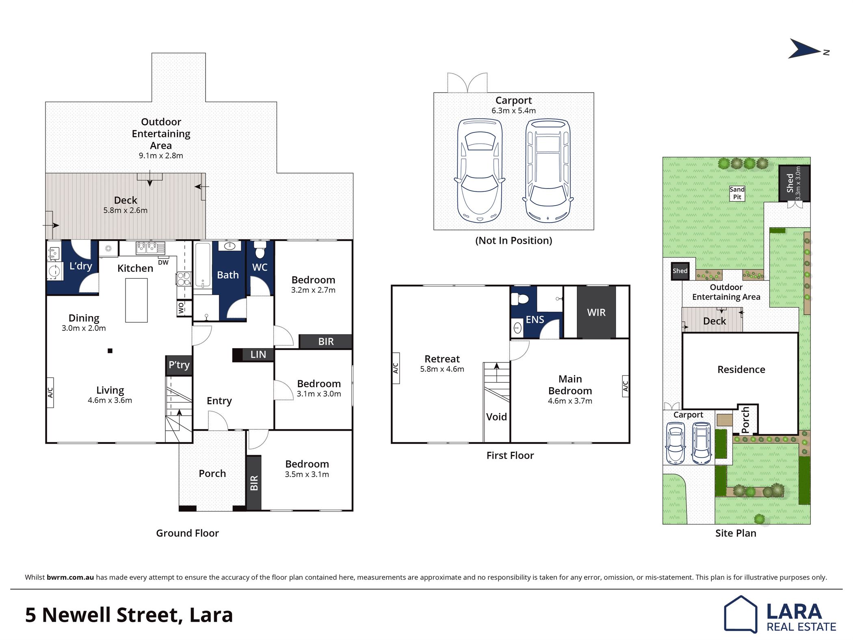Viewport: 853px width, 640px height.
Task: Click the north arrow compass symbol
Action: click(804, 49)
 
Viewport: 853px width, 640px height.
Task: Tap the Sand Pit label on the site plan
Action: click(737, 193)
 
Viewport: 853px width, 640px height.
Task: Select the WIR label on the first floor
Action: click(596, 312)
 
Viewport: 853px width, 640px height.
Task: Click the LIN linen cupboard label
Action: click(258, 355)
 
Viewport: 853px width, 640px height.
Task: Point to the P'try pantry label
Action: click(179, 365)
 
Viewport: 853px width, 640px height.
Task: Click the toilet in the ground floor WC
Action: click(260, 250)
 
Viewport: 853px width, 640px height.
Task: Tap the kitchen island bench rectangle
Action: click(136, 300)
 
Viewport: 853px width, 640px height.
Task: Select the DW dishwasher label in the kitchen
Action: click(163, 263)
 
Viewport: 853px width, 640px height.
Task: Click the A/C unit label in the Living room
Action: click(50, 393)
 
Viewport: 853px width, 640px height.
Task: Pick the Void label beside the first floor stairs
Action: click(496, 417)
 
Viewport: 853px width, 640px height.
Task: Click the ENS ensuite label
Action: click(535, 320)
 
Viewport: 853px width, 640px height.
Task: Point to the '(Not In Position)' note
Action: click(513, 241)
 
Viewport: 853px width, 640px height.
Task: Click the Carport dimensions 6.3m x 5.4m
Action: click(513, 111)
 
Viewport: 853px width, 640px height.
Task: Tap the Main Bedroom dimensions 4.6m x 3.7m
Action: click(570, 401)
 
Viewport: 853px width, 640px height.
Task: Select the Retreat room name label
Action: click(442, 359)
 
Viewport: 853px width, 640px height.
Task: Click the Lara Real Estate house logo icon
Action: click(740, 614)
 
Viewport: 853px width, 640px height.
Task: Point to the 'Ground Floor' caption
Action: click(187, 533)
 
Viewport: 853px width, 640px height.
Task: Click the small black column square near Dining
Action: click(110, 351)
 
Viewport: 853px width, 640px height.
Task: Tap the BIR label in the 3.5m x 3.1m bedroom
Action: click(254, 483)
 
